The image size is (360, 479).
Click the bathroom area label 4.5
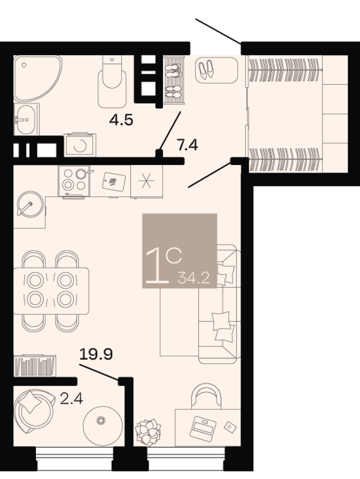point(121,120)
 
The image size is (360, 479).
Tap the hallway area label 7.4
point(188,145)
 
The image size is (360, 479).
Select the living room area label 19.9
point(96,354)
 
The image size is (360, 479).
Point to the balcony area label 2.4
point(71,399)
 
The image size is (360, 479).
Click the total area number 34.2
point(194,278)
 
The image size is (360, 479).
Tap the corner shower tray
point(37,78)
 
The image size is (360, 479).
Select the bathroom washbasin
point(27,119)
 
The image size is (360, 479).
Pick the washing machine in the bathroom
point(80,145)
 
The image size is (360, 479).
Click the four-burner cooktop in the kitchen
point(74,181)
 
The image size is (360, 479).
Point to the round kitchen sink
point(30,204)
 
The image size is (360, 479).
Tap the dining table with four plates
point(51,291)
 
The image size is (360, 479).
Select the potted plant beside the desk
point(148,432)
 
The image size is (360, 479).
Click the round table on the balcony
point(103,425)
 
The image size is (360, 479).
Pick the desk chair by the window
point(206,396)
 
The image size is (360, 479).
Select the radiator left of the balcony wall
point(35,366)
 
